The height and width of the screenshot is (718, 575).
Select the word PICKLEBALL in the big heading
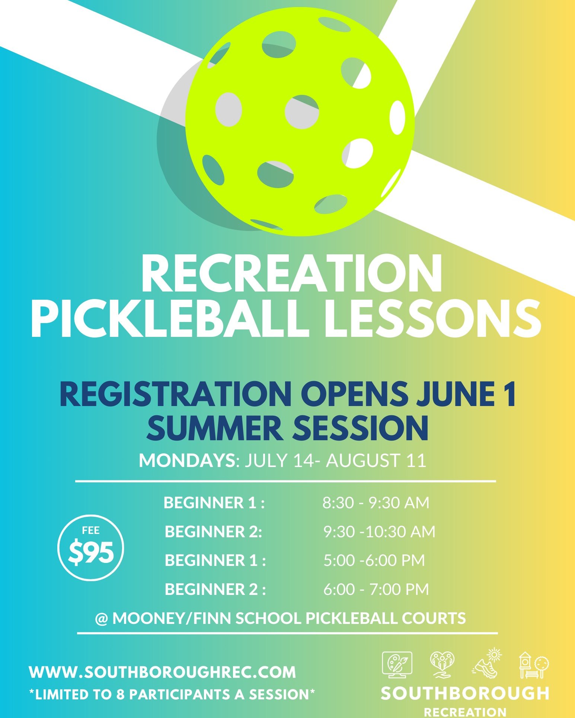pos(170,319)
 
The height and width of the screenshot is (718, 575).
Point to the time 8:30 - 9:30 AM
pos(376,503)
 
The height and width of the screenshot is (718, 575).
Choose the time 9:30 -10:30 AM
pos(379,532)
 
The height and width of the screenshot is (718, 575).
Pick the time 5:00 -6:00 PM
pos(374,560)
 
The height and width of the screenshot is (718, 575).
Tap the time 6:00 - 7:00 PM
pos(376,589)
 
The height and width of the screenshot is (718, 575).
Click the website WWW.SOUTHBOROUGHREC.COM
pos(162,672)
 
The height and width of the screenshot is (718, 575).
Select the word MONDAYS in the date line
pos(187,460)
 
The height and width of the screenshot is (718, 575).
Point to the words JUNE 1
pos(466,395)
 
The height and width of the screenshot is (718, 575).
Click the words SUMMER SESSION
pos(287,428)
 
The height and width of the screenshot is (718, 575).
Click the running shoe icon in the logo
pos(487,664)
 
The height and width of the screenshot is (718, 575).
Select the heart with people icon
pos(442,664)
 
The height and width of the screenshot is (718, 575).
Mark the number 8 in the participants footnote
pos(120,695)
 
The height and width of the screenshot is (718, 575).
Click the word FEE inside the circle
pos(91,530)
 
